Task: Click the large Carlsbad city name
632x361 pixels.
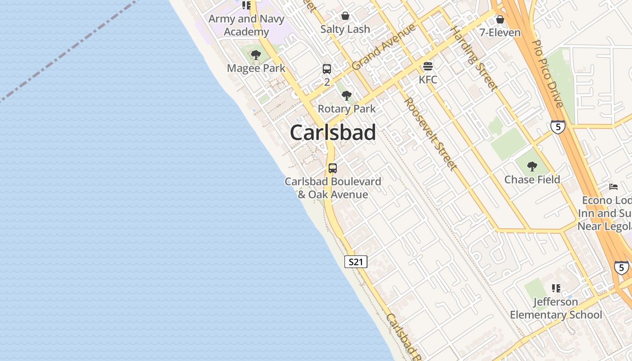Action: (x=333, y=133)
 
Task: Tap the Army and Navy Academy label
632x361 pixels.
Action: (x=246, y=25)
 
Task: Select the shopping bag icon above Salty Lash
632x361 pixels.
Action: (x=345, y=16)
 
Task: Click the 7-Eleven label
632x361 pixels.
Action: (x=500, y=32)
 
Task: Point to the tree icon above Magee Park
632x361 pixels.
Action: (x=256, y=56)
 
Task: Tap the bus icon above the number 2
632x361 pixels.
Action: (x=327, y=69)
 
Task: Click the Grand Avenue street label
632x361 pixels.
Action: (x=383, y=47)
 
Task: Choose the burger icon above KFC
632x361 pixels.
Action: (x=428, y=67)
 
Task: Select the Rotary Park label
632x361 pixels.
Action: (x=347, y=109)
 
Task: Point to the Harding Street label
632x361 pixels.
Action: (x=474, y=58)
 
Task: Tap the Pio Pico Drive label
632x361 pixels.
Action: (x=548, y=74)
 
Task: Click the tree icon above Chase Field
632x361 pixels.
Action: (x=532, y=167)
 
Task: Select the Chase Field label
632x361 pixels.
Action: (x=532, y=180)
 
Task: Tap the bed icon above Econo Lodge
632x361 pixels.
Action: (x=613, y=187)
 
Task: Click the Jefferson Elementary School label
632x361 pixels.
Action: (x=556, y=308)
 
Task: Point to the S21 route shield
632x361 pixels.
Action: (x=356, y=262)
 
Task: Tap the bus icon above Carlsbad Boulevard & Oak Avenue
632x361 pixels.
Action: (x=333, y=168)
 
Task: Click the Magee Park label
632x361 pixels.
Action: (x=256, y=68)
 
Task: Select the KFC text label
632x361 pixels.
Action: (x=428, y=80)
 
